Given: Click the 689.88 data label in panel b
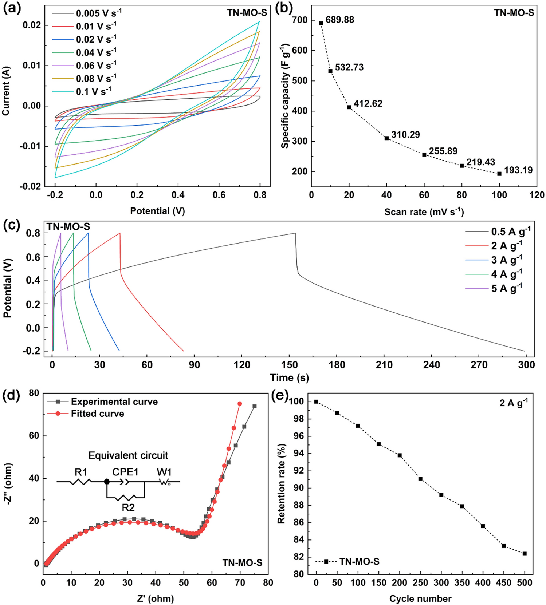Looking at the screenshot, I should pos(339,20).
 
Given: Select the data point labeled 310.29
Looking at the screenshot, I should pos(386,138).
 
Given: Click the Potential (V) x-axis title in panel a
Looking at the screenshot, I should pos(157,211).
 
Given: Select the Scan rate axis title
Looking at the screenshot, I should pos(424,211).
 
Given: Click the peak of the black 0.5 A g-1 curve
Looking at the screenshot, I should pos(295,233).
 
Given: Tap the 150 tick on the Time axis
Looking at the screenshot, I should pos(289,365).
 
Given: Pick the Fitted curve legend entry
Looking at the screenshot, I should pos(97,414).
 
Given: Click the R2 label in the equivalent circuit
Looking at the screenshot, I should pos(128,508).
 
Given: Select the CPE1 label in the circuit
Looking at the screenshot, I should pos(125,472).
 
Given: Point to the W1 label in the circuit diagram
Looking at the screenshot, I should pos(164,472).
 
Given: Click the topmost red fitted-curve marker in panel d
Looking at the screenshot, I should pos(240,404).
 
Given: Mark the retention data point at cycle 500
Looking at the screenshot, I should pos(525,554).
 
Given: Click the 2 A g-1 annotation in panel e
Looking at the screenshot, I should pos(514,403).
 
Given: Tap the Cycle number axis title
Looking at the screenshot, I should pos(420,598).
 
